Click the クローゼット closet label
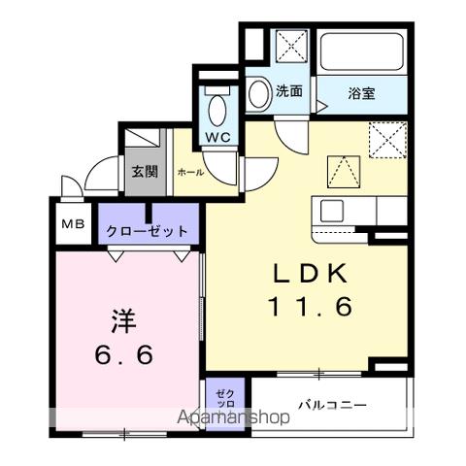coord(149,232)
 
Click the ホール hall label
coord(189,172)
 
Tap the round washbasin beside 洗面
coord(258,93)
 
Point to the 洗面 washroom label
coord(289,92)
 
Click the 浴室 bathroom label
coord(362,93)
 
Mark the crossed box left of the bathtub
coord(288,47)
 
